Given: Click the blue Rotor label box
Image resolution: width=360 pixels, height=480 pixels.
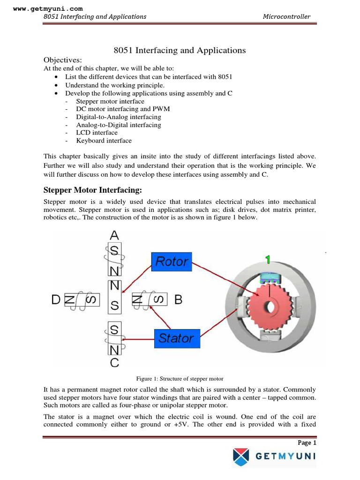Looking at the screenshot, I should point(171,261).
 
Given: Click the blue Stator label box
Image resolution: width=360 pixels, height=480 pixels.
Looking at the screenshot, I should point(177,337).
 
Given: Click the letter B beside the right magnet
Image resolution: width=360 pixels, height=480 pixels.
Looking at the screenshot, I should point(178,300).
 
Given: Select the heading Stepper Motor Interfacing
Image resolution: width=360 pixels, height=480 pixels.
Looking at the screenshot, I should point(92,190).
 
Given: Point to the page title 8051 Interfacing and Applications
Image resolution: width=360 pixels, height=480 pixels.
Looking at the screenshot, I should point(180,50).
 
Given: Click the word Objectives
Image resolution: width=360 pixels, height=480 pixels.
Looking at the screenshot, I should point(62,60).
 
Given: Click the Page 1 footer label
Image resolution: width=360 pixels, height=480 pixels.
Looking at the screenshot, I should point(307,442).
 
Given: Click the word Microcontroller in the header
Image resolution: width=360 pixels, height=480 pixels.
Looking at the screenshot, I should point(286,16).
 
